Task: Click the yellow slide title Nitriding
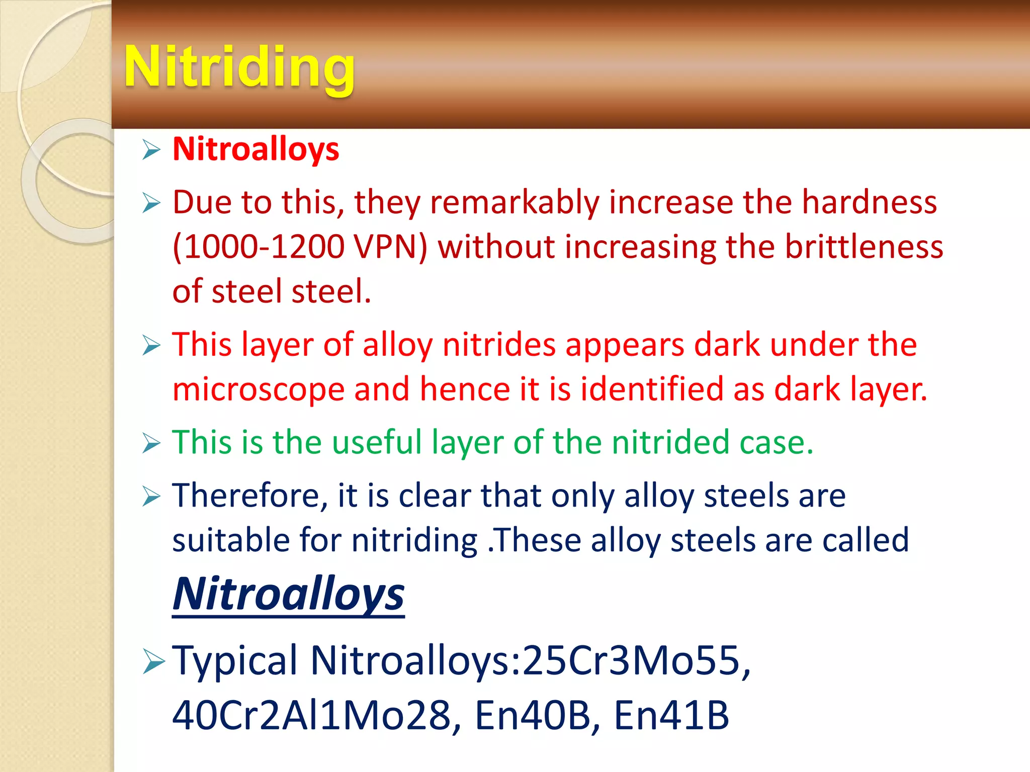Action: [x=239, y=67]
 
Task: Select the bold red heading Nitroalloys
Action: [x=255, y=149]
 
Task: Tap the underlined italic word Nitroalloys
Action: [x=288, y=594]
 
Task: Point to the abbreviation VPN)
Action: [x=390, y=247]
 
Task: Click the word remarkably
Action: [x=514, y=203]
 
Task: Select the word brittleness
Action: [x=864, y=247]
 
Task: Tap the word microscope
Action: [x=258, y=390]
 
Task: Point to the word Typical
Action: [x=235, y=660]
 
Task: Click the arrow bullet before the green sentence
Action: [x=151, y=443]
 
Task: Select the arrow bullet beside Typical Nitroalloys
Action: [x=153, y=660]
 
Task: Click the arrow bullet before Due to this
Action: [x=151, y=203]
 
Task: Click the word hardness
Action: [x=869, y=203]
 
